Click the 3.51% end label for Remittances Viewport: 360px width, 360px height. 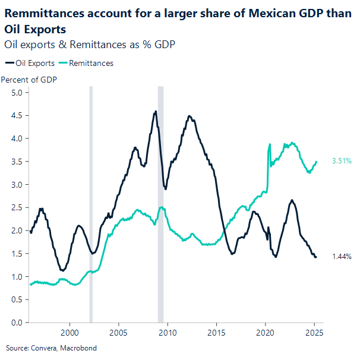pyautogui.click(x=342, y=161)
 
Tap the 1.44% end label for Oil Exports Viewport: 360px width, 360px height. pyautogui.click(x=342, y=257)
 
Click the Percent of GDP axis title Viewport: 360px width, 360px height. pyautogui.click(x=29, y=80)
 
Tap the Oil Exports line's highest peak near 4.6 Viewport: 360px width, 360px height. pyautogui.click(x=156, y=111)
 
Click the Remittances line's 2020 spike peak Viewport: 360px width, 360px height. pyautogui.click(x=270, y=144)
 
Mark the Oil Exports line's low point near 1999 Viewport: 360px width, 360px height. pyautogui.click(x=62, y=270)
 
